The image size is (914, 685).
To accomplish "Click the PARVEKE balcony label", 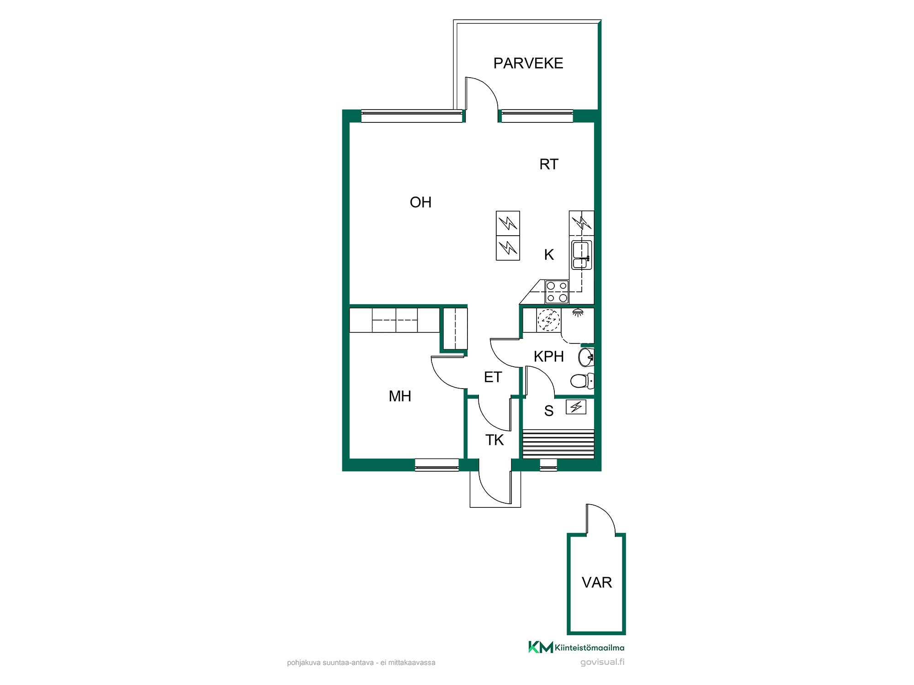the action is click(x=528, y=63).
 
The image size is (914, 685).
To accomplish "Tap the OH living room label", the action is click(x=420, y=202).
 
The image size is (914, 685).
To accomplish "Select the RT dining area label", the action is click(x=549, y=164).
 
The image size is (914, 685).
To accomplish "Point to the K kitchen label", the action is click(x=549, y=254).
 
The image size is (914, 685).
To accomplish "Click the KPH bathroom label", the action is click(x=549, y=356).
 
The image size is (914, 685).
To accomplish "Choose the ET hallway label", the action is click(x=493, y=377).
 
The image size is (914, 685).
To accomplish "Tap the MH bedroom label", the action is click(x=400, y=396).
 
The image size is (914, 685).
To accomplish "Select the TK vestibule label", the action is click(x=494, y=440).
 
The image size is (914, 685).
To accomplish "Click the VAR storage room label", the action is click(x=597, y=582).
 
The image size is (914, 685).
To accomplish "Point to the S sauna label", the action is click(x=549, y=411).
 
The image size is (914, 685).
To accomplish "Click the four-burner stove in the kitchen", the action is click(x=557, y=292).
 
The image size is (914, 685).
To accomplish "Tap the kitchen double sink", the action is click(x=581, y=255).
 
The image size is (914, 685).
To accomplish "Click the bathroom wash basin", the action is click(x=586, y=357).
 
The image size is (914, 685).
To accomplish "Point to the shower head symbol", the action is click(x=578, y=313).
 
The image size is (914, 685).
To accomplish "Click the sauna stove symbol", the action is click(x=576, y=407).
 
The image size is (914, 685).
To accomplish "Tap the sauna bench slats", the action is click(x=558, y=444).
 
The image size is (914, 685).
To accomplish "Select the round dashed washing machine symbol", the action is click(x=548, y=320).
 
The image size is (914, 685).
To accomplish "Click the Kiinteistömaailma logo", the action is click(x=576, y=647).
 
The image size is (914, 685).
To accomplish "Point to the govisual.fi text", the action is click(x=602, y=662).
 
